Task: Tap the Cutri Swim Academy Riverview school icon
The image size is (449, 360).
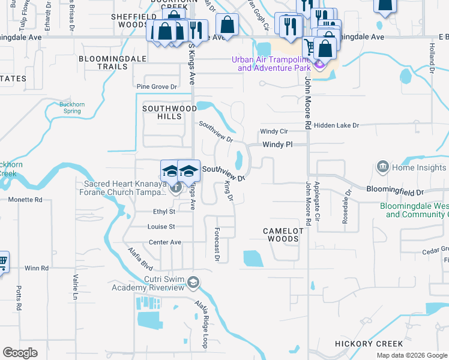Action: [x=193, y=281]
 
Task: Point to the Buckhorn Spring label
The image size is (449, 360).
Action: [x=71, y=107]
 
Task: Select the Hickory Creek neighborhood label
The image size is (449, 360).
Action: [x=369, y=344]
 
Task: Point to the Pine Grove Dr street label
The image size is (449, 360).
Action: [x=157, y=87]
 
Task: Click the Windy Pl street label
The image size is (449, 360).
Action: [x=277, y=145]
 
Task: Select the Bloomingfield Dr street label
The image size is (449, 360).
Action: [x=395, y=190]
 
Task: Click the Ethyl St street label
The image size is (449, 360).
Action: [x=164, y=212]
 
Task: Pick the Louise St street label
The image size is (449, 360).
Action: [x=161, y=227]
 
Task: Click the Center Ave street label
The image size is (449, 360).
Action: [x=165, y=242]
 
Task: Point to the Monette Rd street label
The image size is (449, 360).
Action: [x=25, y=199]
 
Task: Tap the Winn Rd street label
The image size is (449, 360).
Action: [x=36, y=268]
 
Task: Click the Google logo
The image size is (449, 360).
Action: [x=20, y=353]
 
